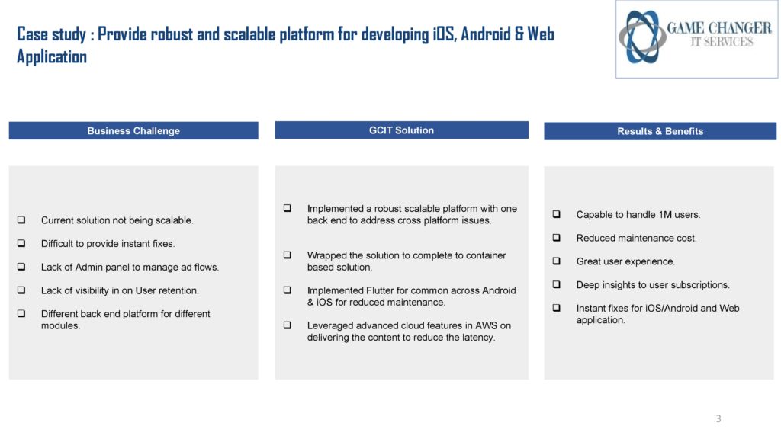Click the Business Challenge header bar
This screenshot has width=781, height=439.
click(x=133, y=131)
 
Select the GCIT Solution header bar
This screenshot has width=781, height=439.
click(x=401, y=130)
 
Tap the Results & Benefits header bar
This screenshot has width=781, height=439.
click(x=660, y=131)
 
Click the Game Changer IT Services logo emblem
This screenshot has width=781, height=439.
click(x=642, y=37)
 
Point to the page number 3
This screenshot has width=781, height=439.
click(x=718, y=418)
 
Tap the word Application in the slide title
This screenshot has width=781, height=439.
click(x=52, y=57)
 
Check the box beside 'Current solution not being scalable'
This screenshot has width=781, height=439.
click(x=21, y=219)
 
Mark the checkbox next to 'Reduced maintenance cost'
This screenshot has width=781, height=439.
click(x=556, y=238)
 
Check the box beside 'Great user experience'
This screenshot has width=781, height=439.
click(x=556, y=261)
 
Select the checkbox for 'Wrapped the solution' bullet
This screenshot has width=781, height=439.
click(x=288, y=255)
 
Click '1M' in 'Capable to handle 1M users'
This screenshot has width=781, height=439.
click(x=665, y=214)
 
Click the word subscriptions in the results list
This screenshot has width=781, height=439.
click(x=700, y=285)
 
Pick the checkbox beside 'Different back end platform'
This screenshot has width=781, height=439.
click(x=21, y=313)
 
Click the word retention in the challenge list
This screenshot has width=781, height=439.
click(x=178, y=290)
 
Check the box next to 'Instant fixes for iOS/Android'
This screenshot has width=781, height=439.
click(x=556, y=308)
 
